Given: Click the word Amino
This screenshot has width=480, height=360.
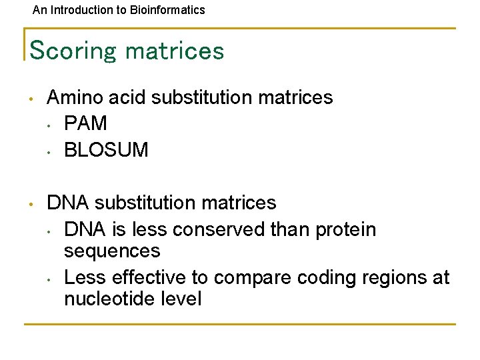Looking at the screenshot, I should (73, 97).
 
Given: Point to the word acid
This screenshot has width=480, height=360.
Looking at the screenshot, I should (125, 97).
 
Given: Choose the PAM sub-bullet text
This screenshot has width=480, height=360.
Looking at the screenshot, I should (85, 123).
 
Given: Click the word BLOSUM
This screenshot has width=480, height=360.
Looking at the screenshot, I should (106, 149).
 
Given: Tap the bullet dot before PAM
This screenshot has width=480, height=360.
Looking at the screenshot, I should (49, 124).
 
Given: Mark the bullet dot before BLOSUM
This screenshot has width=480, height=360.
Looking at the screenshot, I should (49, 150).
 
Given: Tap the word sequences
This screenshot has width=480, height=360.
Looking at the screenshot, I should (112, 251).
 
